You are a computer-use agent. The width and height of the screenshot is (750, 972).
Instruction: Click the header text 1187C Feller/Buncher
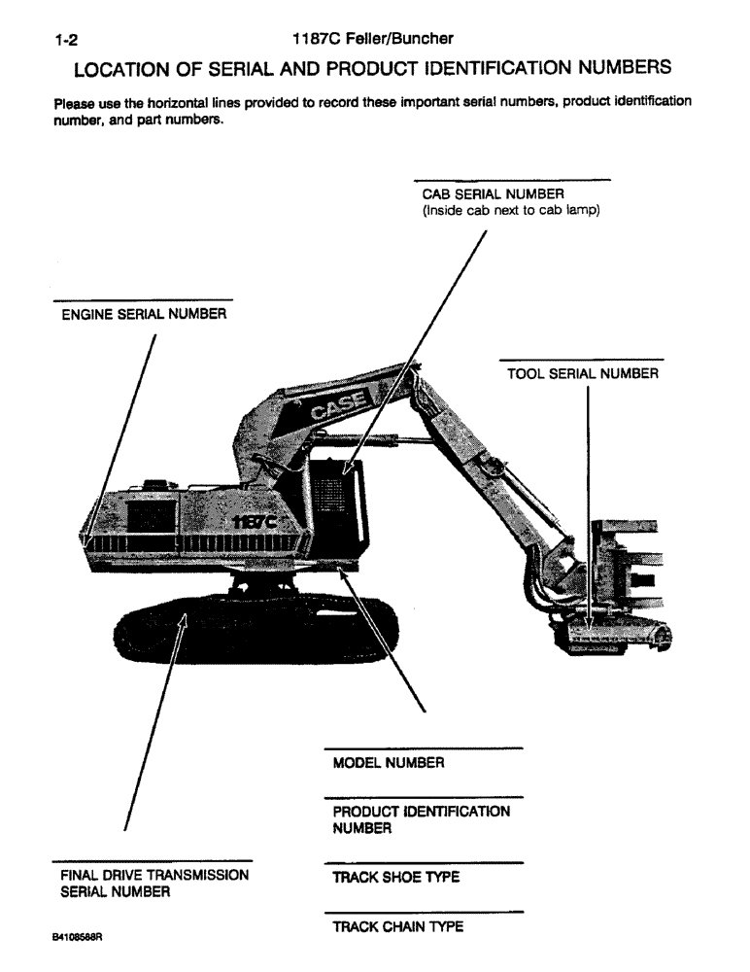373,40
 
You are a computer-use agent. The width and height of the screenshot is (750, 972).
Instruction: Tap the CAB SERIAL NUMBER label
486,193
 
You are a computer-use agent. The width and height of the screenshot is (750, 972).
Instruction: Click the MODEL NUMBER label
389,763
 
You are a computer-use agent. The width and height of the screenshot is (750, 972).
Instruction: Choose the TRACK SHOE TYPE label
395,877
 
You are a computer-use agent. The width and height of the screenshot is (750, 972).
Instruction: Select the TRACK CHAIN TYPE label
397,926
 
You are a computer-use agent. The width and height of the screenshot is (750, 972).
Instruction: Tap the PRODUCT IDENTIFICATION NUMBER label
421,819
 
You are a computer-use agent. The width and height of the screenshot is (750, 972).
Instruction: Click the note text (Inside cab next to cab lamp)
509,208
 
